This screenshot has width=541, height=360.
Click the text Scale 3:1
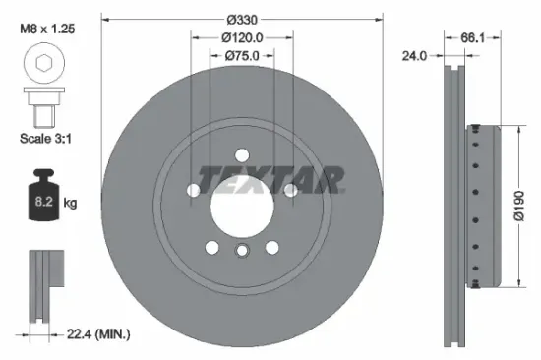pyautogui.click(x=45, y=139)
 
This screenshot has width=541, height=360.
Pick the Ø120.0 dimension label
pyautogui.click(x=242, y=39)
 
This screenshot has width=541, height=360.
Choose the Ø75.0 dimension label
pyautogui.click(x=242, y=56)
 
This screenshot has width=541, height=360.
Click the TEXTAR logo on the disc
pyautogui.click(x=270, y=179)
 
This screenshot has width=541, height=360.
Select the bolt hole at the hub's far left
pyautogui.click(x=193, y=191)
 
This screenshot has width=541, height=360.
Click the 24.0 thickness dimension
pyautogui.click(x=415, y=56)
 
